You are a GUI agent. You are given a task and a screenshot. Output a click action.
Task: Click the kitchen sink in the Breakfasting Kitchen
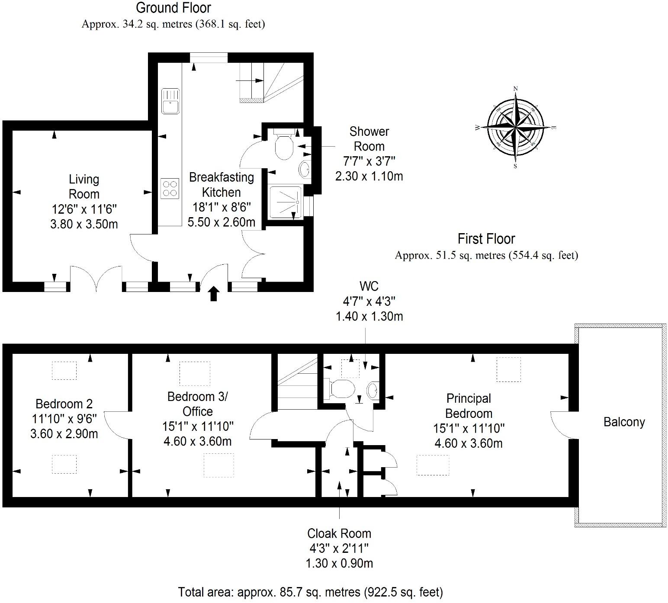click(170, 101)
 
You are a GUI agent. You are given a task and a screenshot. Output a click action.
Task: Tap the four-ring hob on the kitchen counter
click(170, 189)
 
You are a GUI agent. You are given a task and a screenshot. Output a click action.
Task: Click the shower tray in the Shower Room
click(286, 202)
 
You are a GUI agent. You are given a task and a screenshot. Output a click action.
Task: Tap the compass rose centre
click(515, 128)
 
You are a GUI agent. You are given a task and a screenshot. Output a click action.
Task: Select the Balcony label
click(624, 422)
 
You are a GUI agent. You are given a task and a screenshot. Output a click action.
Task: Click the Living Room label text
click(84, 186)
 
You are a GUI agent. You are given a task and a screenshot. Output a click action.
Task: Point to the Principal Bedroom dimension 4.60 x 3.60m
click(469, 443)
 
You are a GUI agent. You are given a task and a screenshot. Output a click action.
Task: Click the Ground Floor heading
click(173, 8)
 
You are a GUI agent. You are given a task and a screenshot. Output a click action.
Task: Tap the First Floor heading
click(486, 239)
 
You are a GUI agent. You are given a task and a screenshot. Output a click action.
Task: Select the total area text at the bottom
click(310, 592)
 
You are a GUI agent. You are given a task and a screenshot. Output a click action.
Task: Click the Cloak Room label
click(339, 533)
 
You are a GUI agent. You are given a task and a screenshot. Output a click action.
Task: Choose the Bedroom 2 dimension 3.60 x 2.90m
click(64, 433)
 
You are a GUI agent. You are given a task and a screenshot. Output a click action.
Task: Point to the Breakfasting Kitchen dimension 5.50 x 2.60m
click(221, 222)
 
